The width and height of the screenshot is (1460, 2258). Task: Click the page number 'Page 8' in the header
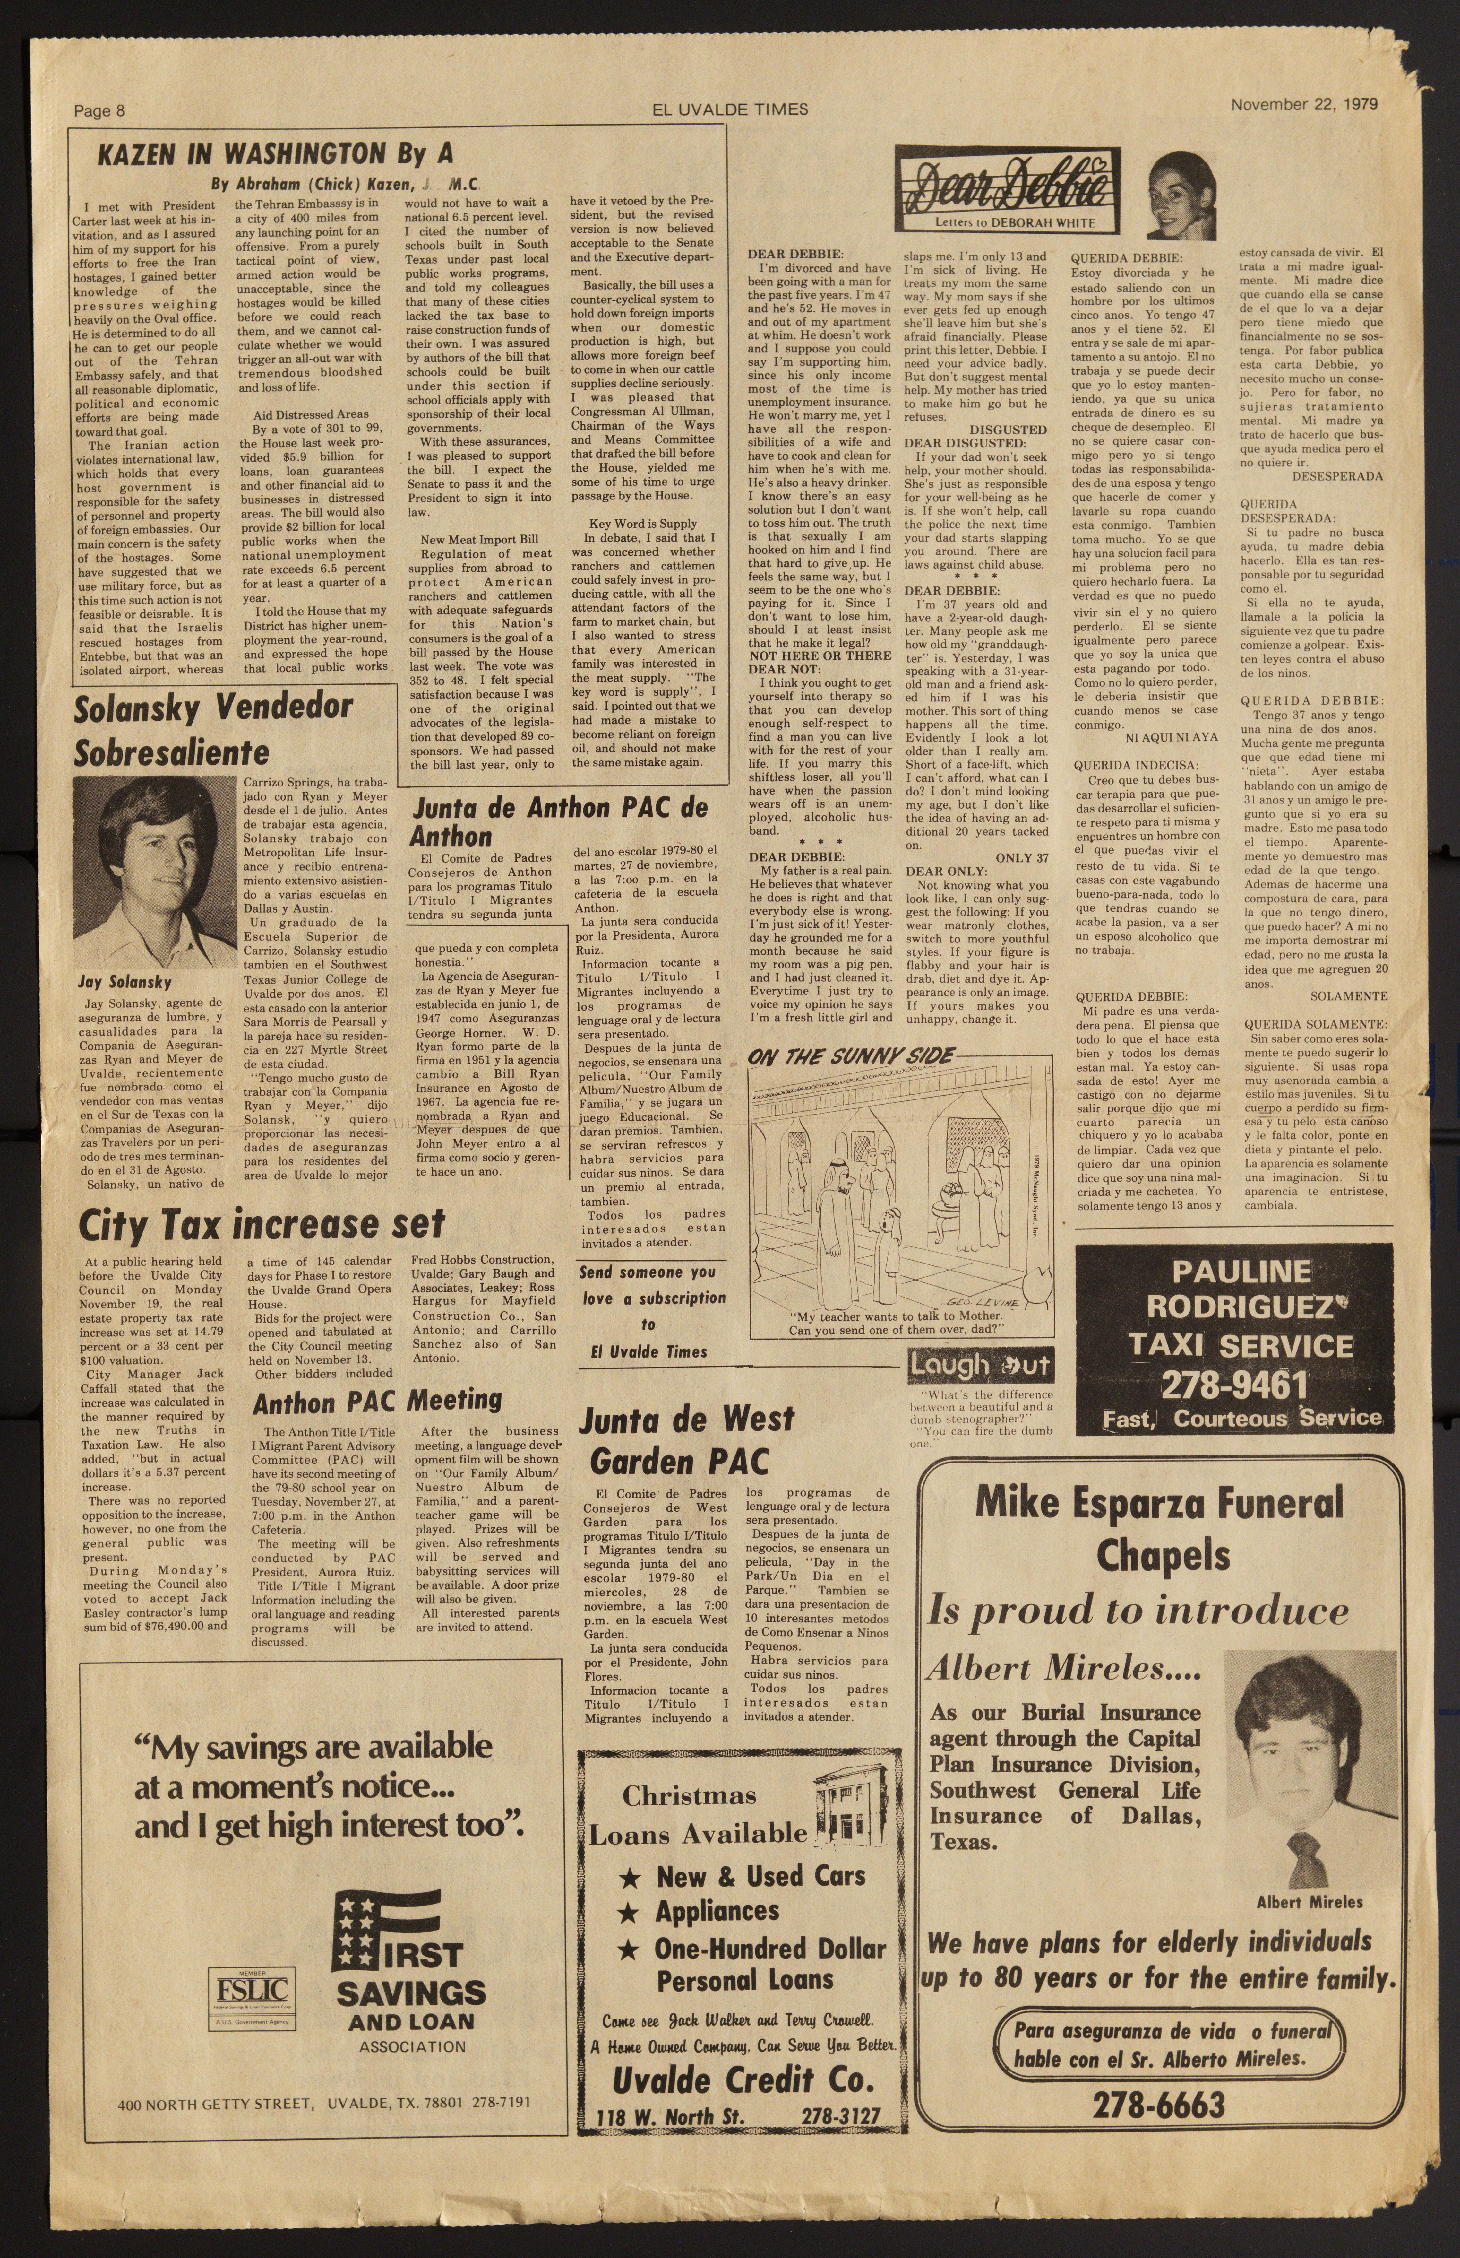pos(99,111)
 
